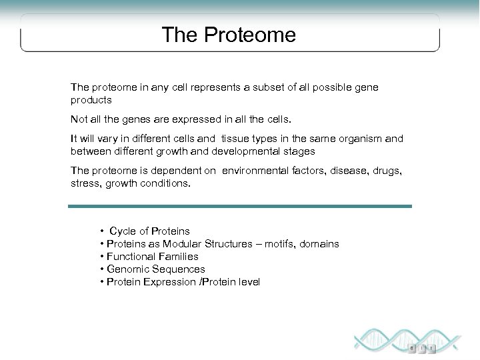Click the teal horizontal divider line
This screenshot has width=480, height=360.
click(x=240, y=206)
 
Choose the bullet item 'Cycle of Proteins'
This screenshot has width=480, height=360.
click(x=149, y=231)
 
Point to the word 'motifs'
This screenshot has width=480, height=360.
click(x=269, y=244)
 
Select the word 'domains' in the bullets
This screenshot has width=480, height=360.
click(x=319, y=244)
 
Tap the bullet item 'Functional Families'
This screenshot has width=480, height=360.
click(x=151, y=257)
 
